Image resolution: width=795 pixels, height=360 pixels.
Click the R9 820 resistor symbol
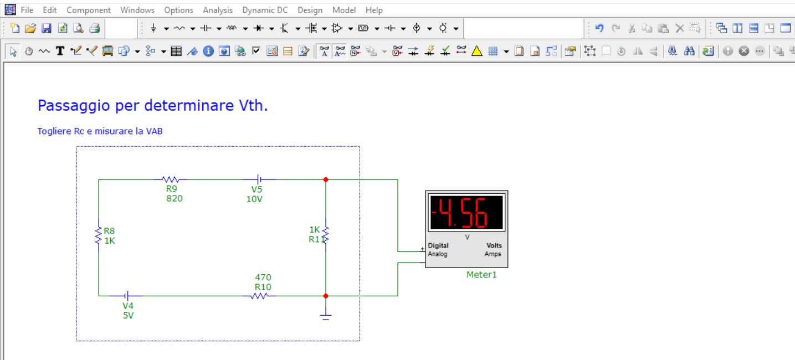pos(171,179)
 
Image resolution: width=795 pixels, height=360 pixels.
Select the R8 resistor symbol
pos(98,235)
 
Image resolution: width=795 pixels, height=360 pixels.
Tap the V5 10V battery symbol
pos(259,179)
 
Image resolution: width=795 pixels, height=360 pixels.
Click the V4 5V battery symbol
pos(126,295)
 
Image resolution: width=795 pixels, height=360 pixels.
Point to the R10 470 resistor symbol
pos(259,296)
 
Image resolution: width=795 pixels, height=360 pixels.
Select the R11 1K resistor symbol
pos(325,234)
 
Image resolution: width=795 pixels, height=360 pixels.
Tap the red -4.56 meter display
pos(466,213)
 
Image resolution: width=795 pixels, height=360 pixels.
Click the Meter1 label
pos(481,275)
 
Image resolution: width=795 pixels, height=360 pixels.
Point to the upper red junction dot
pos(325,179)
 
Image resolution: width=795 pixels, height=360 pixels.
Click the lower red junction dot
pos(325,296)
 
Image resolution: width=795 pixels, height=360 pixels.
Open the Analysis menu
pos(218,11)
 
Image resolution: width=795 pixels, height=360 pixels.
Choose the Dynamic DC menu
pos(265,11)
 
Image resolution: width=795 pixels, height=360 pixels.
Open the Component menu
pos(89,11)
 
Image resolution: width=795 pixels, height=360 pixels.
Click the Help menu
pos(374,11)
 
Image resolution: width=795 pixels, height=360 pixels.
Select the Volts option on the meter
pos(494,245)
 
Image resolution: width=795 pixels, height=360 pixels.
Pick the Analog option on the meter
pos(437,254)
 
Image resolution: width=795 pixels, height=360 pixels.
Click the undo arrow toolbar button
pos(599,28)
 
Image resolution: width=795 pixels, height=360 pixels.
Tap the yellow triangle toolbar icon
pos(476,51)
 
